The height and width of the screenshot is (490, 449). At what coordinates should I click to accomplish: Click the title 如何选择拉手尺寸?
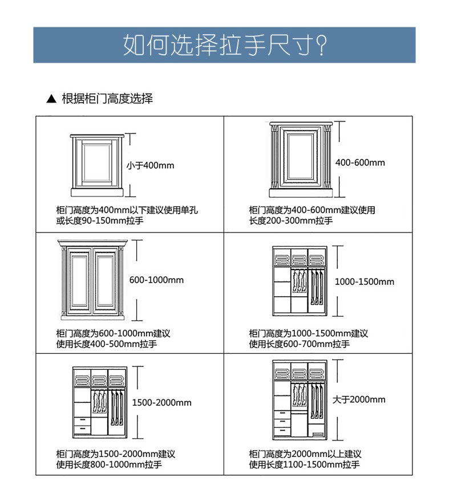point(224,45)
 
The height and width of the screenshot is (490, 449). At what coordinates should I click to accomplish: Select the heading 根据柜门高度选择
point(107,99)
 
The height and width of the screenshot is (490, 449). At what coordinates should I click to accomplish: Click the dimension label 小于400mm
point(150,166)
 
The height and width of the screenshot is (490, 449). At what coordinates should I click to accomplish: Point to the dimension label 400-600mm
point(360,162)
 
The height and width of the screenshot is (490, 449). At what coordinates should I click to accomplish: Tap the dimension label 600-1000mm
point(156,280)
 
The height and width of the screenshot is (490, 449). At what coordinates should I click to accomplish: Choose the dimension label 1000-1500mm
point(364,282)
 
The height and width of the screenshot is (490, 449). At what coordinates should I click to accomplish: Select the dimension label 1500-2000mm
point(161,403)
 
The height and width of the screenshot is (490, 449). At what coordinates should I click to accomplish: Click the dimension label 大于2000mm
point(359,399)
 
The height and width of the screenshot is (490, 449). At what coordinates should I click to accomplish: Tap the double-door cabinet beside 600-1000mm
point(91,279)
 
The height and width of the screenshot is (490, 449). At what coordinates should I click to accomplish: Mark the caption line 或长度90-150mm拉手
point(100,220)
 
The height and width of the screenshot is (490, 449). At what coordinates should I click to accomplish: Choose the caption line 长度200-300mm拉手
point(291,220)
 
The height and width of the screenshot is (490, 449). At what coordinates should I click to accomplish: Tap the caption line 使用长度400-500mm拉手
point(107,344)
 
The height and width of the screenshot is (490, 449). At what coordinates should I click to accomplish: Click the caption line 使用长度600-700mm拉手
point(299,344)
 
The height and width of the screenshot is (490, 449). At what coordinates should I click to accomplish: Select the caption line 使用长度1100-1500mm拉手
point(304,465)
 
